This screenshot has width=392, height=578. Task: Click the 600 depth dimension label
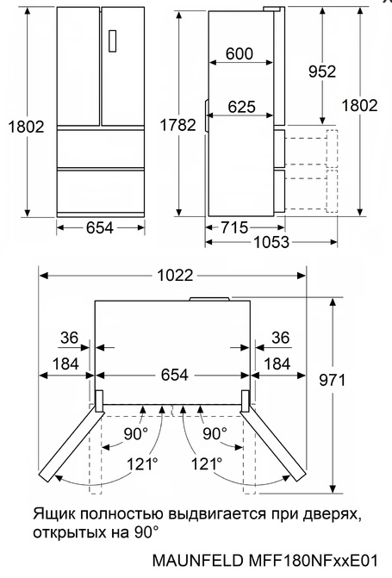240,54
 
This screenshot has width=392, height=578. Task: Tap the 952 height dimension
321,72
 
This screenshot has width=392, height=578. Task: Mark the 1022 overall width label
173,276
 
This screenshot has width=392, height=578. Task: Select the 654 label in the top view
173,376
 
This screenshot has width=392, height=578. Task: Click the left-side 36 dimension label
70,338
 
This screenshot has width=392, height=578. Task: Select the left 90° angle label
134,432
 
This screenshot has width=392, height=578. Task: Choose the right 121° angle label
207,463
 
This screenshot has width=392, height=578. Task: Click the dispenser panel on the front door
113,41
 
